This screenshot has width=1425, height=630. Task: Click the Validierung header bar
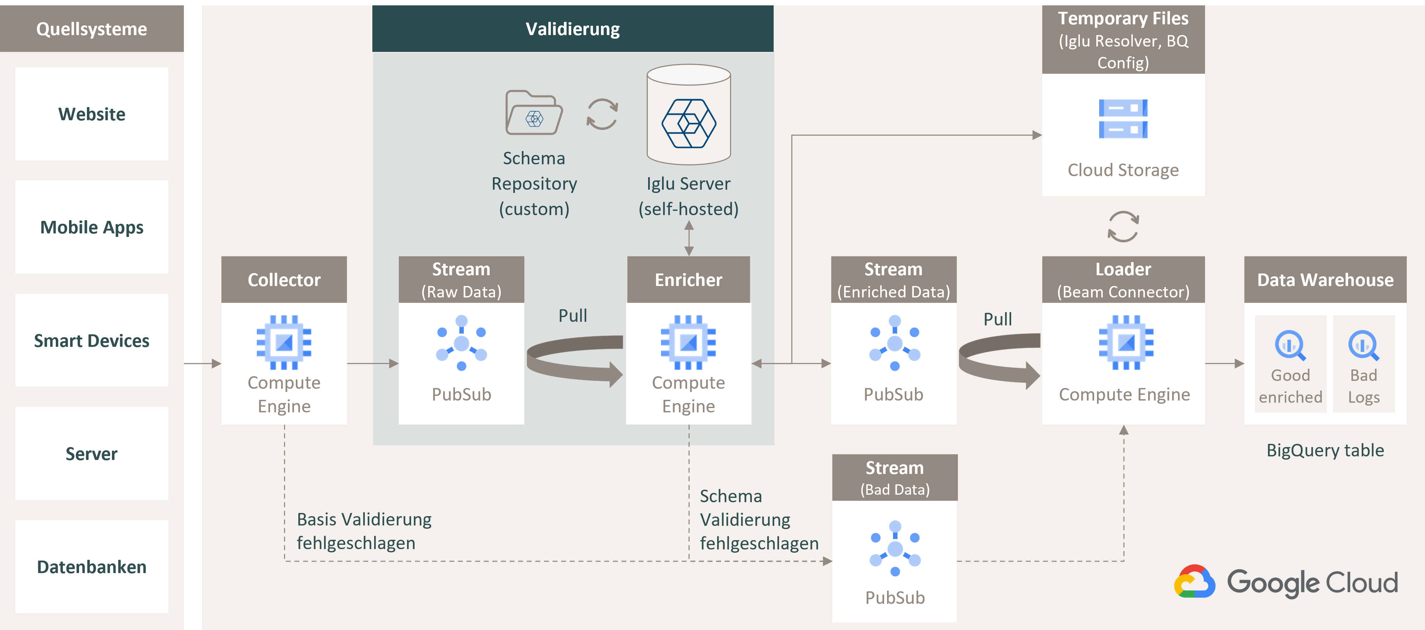click(x=573, y=29)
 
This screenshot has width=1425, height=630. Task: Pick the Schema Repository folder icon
click(x=534, y=113)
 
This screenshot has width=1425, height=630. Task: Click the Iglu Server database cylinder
click(x=689, y=115)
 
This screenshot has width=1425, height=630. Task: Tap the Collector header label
click(x=284, y=280)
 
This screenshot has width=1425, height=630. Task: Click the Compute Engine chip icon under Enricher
click(x=688, y=342)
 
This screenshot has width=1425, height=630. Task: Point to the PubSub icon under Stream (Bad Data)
click(x=895, y=548)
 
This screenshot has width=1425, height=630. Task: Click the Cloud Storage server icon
click(x=1123, y=119)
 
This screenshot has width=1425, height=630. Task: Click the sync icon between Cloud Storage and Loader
click(x=1123, y=227)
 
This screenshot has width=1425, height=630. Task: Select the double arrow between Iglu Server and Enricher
click(x=689, y=238)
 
